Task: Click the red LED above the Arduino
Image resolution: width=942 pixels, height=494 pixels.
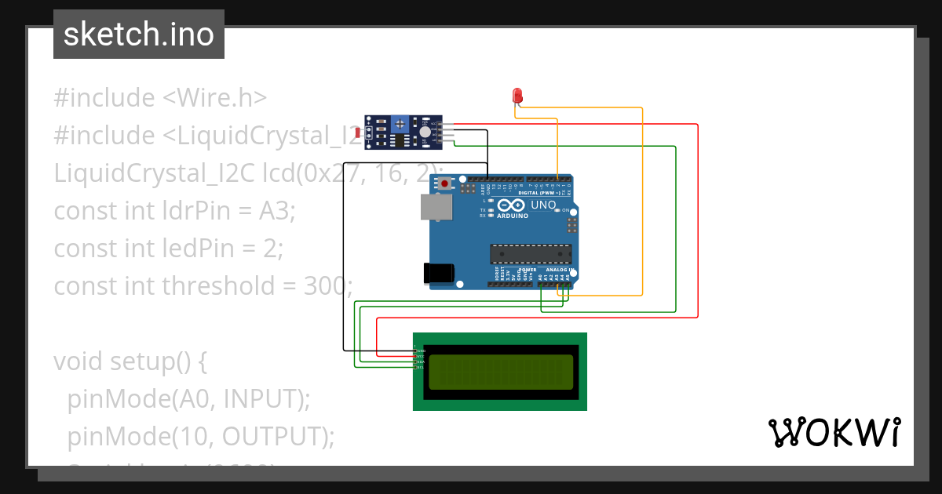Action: [517, 96]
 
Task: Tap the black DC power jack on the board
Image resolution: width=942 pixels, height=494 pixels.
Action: [439, 272]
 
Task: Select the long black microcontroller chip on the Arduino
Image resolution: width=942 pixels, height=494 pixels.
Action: [531, 254]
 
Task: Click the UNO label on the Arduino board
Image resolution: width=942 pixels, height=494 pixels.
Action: [543, 205]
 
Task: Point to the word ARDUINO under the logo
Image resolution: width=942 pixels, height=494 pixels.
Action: [513, 215]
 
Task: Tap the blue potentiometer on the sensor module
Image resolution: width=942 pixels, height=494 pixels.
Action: [400, 124]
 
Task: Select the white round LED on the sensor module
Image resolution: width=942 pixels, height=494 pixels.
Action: [425, 133]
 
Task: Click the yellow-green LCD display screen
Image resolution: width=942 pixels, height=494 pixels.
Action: [501, 372]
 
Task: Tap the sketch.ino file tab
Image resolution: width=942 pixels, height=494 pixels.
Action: [139, 35]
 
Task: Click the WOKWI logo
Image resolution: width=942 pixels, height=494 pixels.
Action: [834, 433]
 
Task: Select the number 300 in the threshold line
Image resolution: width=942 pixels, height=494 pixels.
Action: [325, 285]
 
